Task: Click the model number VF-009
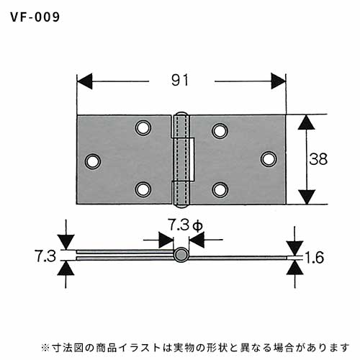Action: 35,17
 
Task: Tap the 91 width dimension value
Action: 180,80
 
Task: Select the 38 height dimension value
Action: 318,159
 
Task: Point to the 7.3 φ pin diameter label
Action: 185,225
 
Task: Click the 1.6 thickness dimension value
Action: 315,257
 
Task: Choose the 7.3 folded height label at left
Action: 45,256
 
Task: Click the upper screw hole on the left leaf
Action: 143,127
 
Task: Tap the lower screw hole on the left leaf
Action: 143,189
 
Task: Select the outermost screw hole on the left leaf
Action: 93,161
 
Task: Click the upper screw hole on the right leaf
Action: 220,131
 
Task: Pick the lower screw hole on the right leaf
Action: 220,189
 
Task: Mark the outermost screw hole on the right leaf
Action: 269,159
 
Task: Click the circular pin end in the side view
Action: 181,254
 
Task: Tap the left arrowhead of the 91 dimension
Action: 84,81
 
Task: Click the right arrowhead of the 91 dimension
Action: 279,81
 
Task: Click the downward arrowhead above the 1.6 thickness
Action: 294,248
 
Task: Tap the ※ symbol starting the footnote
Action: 45,348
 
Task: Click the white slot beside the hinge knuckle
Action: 192,159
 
